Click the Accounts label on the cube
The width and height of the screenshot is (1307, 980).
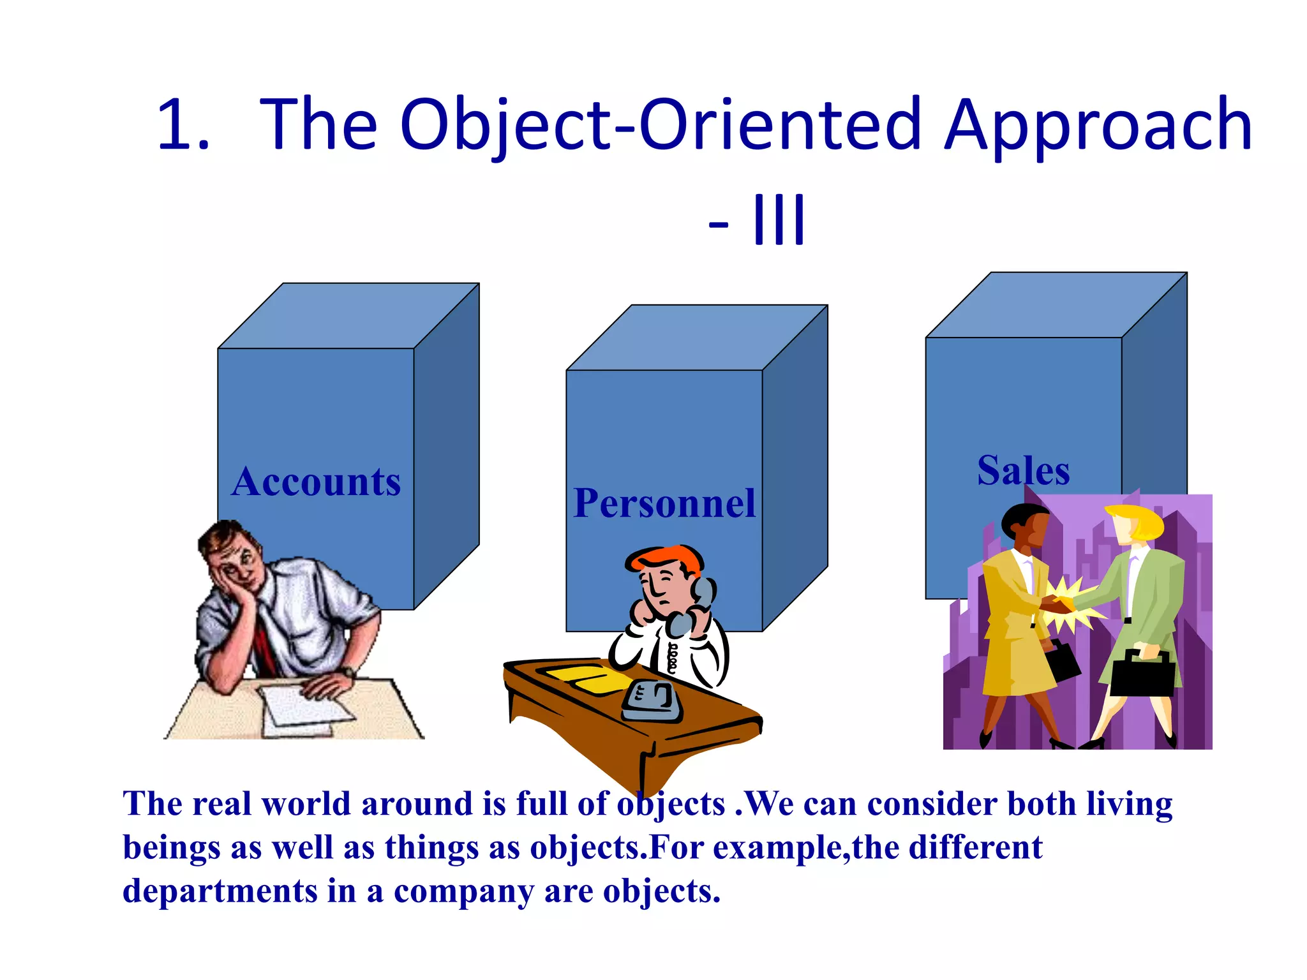pos(317,482)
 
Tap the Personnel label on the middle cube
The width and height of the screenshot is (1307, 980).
pos(664,503)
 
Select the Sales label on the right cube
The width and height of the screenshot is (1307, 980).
pos(1023,471)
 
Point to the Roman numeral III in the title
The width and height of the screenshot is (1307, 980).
pos(779,220)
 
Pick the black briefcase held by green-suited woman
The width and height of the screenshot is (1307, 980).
pos(1142,674)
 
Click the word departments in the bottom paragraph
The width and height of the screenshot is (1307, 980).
pos(220,891)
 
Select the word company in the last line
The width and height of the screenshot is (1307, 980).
pos(464,892)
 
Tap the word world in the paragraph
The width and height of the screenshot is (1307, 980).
pos(306,803)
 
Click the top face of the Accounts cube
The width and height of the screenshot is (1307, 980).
pos(348,316)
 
